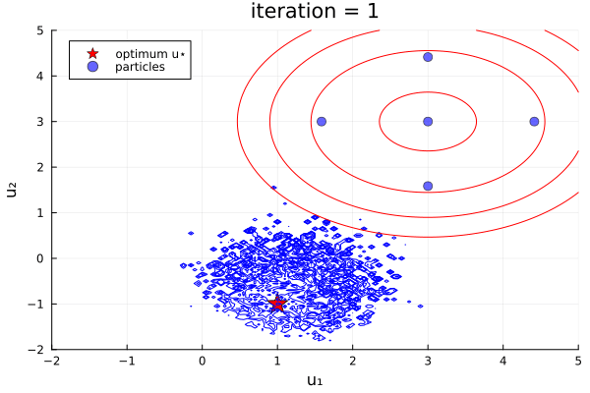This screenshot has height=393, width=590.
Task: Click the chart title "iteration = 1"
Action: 315,13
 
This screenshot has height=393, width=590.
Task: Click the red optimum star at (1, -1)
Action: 277,304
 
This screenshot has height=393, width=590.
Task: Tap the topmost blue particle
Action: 428,57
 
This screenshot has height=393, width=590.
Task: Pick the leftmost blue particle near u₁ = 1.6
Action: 322,122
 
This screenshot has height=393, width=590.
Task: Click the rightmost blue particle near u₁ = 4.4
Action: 534,122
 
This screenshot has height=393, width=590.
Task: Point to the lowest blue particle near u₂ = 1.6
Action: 428,186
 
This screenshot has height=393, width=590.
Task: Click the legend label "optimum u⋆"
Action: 148,53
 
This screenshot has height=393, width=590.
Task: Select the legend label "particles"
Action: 140,67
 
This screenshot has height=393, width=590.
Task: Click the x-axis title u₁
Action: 315,380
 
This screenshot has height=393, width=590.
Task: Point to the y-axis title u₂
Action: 13,190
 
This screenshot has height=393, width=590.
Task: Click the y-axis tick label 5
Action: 40,30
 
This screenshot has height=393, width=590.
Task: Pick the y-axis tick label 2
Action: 40,167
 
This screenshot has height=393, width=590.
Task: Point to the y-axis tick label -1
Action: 37,304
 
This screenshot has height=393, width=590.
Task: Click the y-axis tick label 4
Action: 40,76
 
